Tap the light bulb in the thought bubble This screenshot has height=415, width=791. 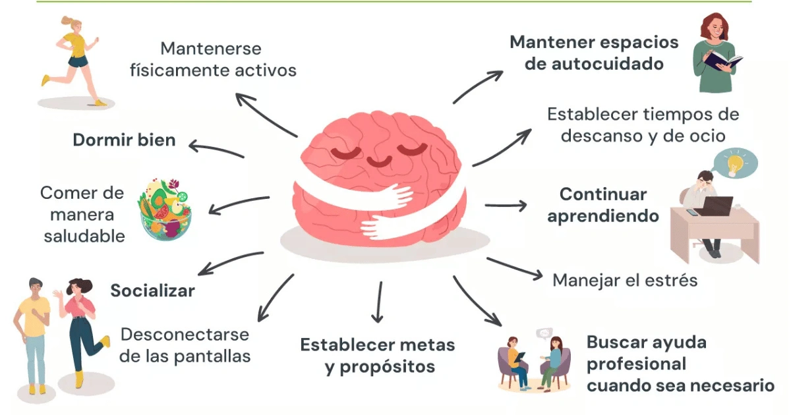click(735, 165)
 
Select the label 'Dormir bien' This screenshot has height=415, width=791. click(125, 140)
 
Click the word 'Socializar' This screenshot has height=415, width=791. click(152, 290)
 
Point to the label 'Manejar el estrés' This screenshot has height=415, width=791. click(625, 281)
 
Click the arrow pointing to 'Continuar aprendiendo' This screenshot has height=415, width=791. click(506, 206)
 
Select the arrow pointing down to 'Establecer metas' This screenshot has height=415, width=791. click(378, 302)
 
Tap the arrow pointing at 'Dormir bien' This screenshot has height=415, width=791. click(216, 149)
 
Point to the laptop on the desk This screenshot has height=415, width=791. click(717, 206)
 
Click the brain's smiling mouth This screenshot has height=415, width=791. click(379, 161)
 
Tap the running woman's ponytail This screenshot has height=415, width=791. click(68, 20)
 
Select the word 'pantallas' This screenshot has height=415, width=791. click(212, 356)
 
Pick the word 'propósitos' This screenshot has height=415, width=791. click(388, 368)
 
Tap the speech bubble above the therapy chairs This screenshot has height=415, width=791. click(544, 333)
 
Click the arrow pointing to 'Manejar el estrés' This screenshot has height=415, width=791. click(515, 269)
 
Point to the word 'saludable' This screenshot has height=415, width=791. click(84, 236)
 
